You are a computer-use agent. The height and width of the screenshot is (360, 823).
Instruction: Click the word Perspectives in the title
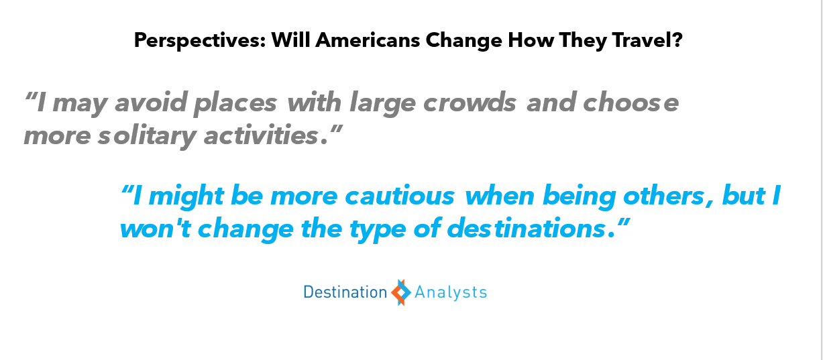[x=200, y=40]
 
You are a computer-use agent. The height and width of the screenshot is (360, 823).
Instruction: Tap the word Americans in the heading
[x=368, y=40]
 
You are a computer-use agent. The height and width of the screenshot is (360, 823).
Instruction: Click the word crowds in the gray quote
[x=470, y=102]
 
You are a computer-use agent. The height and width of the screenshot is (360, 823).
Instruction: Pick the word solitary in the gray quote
[x=147, y=137]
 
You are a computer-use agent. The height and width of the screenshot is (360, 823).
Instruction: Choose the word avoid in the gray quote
[x=151, y=102]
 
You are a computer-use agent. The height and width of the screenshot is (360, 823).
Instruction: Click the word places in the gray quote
[x=235, y=104]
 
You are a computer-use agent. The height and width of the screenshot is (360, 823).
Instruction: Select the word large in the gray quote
[x=382, y=104]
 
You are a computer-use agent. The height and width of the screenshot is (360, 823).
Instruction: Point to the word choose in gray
[x=631, y=102]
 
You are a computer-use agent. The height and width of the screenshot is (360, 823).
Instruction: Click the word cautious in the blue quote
[x=400, y=196]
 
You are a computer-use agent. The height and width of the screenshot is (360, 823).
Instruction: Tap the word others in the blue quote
[x=663, y=196]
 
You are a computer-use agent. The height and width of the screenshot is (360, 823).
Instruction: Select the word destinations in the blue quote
[x=526, y=228]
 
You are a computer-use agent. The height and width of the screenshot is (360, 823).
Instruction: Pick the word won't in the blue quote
[x=156, y=229]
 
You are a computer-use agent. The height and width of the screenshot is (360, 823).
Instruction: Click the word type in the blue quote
[x=378, y=230]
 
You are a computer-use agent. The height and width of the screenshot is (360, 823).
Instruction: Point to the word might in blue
[x=186, y=197]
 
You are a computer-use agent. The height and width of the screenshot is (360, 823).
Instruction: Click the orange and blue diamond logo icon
[x=401, y=292]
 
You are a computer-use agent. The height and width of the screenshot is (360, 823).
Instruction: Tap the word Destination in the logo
[x=345, y=292]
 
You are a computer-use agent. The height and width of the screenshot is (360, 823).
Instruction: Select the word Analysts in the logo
[x=451, y=293]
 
